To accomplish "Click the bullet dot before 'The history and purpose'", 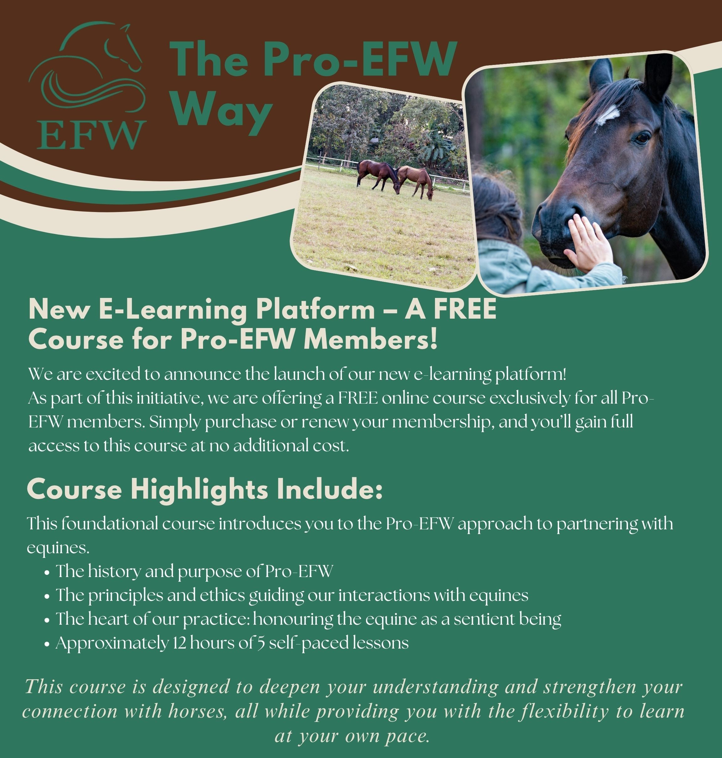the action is click(x=47, y=573).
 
